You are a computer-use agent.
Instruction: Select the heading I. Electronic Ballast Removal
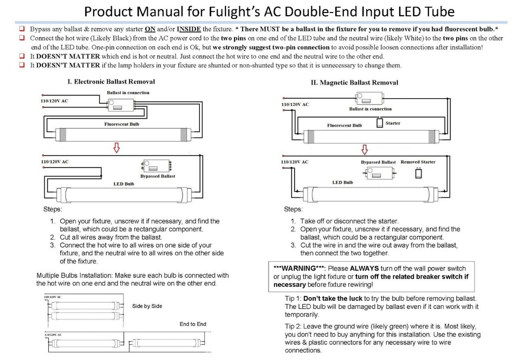(x=111, y=82)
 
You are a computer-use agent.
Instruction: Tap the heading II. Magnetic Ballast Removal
(x=354, y=83)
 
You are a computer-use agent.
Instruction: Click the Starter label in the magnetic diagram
(x=393, y=123)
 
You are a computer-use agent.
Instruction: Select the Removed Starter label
(x=418, y=162)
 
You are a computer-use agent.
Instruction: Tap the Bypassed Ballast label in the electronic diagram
(x=158, y=176)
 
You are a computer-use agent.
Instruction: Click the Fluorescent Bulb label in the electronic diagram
(x=123, y=124)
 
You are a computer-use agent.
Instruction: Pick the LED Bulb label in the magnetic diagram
(x=342, y=183)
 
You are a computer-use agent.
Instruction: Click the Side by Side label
(x=147, y=306)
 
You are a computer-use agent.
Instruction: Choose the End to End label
(x=193, y=324)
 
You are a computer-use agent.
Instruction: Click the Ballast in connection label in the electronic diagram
(x=128, y=93)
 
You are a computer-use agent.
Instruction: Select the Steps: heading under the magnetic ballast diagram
(x=294, y=209)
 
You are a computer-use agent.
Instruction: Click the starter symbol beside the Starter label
(x=379, y=123)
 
